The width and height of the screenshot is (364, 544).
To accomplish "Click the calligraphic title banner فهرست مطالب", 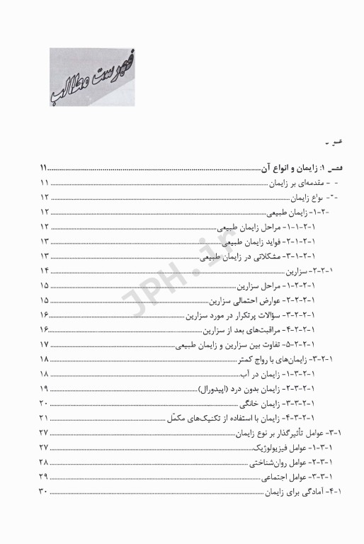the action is click(x=92, y=77).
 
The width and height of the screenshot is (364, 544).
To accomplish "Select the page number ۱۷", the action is click(x=44, y=344).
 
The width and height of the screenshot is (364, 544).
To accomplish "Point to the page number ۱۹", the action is click(x=44, y=388).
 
